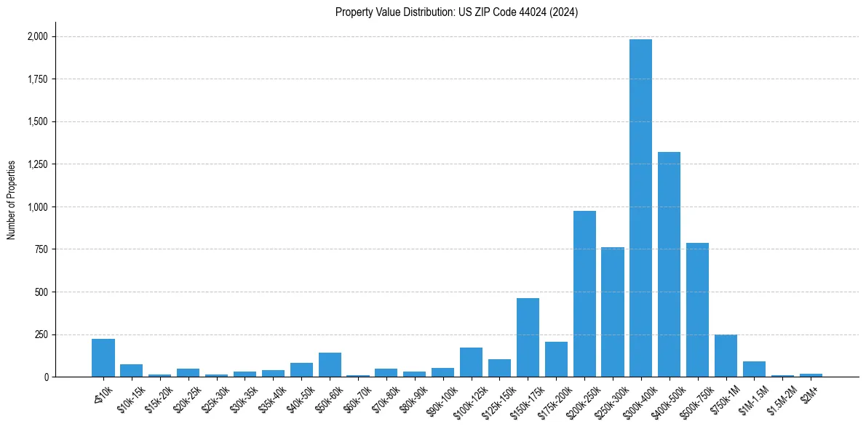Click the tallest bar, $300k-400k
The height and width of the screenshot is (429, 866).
(x=640, y=208)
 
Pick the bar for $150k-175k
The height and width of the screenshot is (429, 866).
(x=528, y=337)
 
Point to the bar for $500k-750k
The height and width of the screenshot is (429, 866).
(x=697, y=310)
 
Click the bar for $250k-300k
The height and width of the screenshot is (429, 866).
(x=613, y=312)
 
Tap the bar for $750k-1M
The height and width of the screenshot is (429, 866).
(x=726, y=356)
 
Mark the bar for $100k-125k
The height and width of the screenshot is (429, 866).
(x=471, y=362)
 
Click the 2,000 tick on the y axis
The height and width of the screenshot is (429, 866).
(x=37, y=36)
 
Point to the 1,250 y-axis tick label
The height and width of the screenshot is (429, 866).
(x=37, y=164)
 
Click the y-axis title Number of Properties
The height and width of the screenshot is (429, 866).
(x=11, y=200)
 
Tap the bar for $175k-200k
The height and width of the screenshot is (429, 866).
(x=556, y=359)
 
